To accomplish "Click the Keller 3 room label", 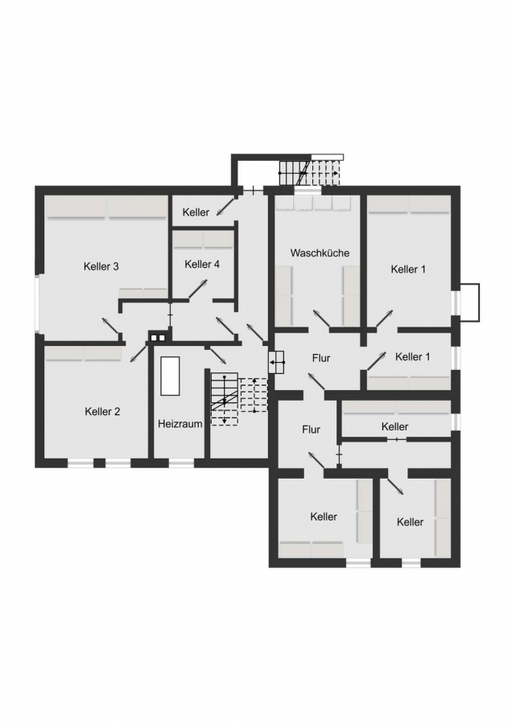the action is pyautogui.click(x=101, y=266).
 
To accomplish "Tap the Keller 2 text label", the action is pyautogui.click(x=102, y=411).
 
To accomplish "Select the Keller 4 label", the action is pyautogui.click(x=202, y=264).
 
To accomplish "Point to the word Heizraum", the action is pyautogui.click(x=180, y=424).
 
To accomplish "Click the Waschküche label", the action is pyautogui.click(x=320, y=253).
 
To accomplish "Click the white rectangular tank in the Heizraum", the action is pyautogui.click(x=170, y=376).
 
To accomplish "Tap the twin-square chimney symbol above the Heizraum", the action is pyautogui.click(x=157, y=337).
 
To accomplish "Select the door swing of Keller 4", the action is pyautogui.click(x=197, y=290).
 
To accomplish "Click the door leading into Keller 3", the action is pyautogui.click(x=111, y=327).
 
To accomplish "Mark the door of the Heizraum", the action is pyautogui.click(x=217, y=354).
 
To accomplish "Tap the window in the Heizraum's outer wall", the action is pyautogui.click(x=181, y=463).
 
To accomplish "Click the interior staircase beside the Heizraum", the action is pyautogui.click(x=239, y=398).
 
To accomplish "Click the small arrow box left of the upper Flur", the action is pyautogui.click(x=277, y=362).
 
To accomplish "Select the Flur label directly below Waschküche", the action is pyautogui.click(x=321, y=358).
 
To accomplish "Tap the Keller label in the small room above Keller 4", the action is pyautogui.click(x=196, y=212).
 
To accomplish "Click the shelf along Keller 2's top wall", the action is pyautogui.click(x=83, y=354).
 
